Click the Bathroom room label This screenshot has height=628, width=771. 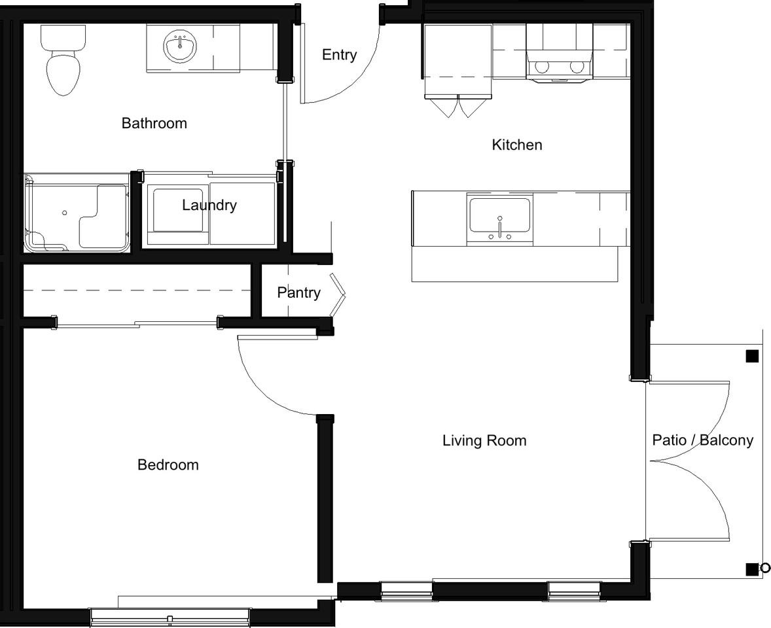tap(154, 123)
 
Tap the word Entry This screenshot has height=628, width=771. tap(339, 55)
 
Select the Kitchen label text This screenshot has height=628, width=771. tap(517, 145)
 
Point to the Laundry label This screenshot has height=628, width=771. tap(209, 205)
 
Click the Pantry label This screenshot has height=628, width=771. tap(298, 292)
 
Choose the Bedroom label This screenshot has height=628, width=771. tap(168, 464)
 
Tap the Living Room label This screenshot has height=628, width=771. tap(484, 440)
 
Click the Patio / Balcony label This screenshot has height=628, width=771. tap(703, 440)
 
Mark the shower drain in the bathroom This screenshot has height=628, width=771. tap(64, 213)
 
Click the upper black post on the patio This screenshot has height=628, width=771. tap(752, 357)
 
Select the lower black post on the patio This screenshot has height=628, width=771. tap(752, 569)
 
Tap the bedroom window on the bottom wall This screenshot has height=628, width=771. tap(170, 617)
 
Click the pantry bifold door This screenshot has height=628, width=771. tap(337, 294)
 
